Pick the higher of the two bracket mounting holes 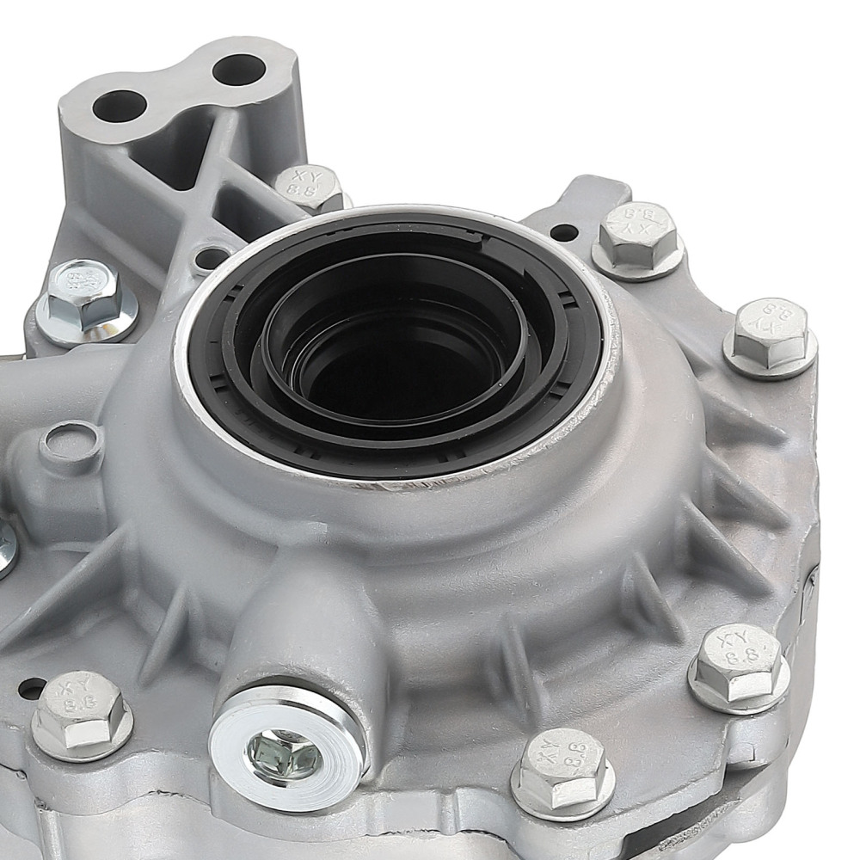[237, 70]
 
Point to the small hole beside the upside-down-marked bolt [563, 232]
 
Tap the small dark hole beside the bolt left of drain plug [32, 688]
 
